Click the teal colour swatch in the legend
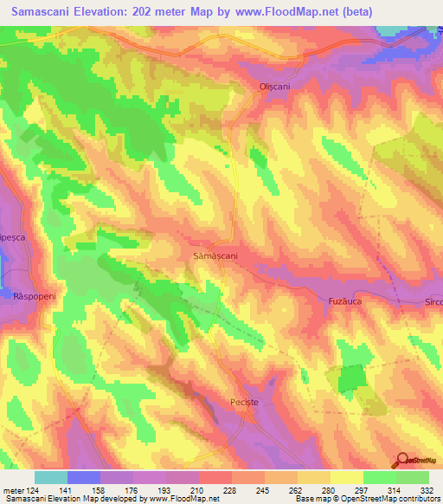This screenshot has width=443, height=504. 51,477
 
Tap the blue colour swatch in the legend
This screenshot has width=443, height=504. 84,477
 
